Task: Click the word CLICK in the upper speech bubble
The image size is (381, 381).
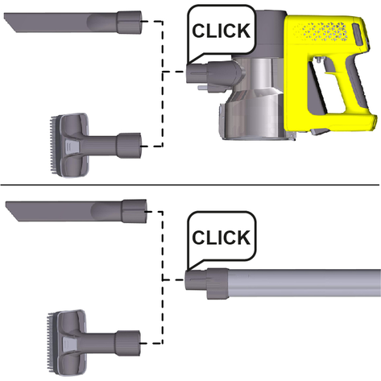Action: click(x=222, y=31)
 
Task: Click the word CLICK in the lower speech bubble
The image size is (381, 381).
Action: click(x=222, y=238)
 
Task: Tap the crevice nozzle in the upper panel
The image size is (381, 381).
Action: click(x=72, y=22)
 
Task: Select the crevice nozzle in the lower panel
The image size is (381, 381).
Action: click(x=77, y=211)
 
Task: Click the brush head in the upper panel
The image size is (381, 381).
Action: click(x=95, y=145)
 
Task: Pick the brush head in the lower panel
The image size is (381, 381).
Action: click(x=94, y=343)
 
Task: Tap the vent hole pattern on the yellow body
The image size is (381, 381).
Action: click(x=321, y=31)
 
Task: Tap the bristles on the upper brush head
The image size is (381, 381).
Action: click(x=52, y=145)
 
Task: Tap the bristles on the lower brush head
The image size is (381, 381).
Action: click(x=51, y=342)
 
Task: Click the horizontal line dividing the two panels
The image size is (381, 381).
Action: click(x=189, y=185)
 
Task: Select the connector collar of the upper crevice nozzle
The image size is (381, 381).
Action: click(x=129, y=22)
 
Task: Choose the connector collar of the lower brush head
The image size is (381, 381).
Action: click(x=128, y=343)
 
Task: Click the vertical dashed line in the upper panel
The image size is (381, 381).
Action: click(x=163, y=84)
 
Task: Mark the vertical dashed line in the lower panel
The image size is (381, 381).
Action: click(x=163, y=277)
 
